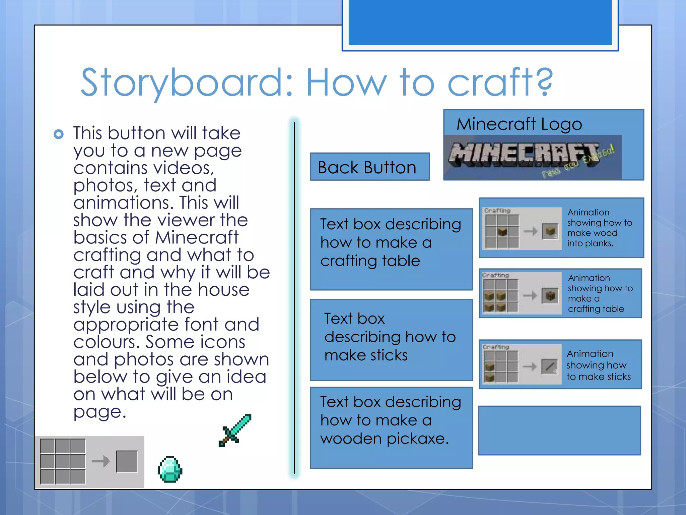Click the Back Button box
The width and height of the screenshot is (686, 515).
[x=369, y=167]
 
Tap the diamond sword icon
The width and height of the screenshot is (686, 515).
[x=235, y=430]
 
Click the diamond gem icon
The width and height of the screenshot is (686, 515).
[x=170, y=469]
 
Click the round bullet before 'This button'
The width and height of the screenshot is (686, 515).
[x=59, y=134]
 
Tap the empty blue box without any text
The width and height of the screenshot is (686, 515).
[x=559, y=431]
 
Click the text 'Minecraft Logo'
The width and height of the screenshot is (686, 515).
[x=519, y=124]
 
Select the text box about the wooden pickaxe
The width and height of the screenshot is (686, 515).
[x=391, y=427]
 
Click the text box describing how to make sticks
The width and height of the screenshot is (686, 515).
[x=391, y=340]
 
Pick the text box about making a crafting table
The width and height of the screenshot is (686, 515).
[x=391, y=249]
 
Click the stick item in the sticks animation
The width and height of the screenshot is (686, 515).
[x=550, y=366]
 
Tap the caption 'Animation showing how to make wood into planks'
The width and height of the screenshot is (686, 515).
[x=600, y=228]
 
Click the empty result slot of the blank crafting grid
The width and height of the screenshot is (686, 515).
[x=127, y=461]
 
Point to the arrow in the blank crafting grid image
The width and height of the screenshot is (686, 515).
[x=101, y=461]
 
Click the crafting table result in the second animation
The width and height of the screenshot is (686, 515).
[x=550, y=296]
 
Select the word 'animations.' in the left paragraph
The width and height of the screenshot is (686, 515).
[x=123, y=203]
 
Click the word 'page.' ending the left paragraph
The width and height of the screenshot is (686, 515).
[x=99, y=412]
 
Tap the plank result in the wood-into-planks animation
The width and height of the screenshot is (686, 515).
[x=550, y=231]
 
